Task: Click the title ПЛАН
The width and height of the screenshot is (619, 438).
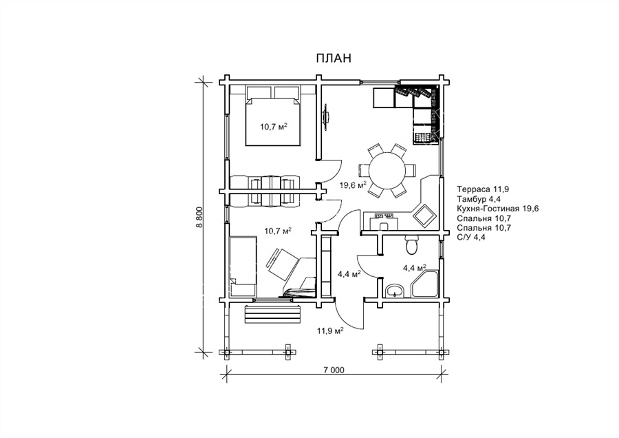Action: (x=333, y=58)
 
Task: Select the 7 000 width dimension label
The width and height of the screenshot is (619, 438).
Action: (x=334, y=371)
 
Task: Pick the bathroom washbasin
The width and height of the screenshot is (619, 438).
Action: (x=395, y=291)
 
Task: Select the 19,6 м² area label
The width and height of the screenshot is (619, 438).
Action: (x=354, y=185)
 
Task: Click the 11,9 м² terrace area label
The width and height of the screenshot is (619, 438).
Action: (x=329, y=331)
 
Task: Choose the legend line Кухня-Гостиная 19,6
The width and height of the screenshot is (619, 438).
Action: (x=497, y=209)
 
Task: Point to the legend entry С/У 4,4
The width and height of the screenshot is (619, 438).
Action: (x=471, y=238)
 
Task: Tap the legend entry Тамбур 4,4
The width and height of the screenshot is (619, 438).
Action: (x=479, y=199)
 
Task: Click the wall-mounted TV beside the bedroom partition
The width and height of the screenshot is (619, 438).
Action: (x=327, y=116)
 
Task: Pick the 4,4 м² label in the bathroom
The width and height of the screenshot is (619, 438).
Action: (x=415, y=269)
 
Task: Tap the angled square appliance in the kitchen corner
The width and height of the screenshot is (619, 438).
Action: (x=425, y=216)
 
